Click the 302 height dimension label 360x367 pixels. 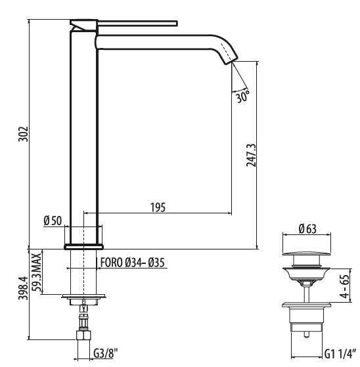(x=23, y=134)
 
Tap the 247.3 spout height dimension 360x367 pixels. (x=252, y=155)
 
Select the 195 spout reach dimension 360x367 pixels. (x=158, y=207)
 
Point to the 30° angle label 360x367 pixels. (x=242, y=97)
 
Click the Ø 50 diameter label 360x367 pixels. (x=53, y=221)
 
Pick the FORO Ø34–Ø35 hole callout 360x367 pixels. (x=133, y=263)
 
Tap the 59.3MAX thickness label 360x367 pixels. (x=37, y=272)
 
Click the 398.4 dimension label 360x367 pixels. (x=23, y=288)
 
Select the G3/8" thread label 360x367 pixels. (x=105, y=353)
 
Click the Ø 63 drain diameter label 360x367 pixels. (x=307, y=228)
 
